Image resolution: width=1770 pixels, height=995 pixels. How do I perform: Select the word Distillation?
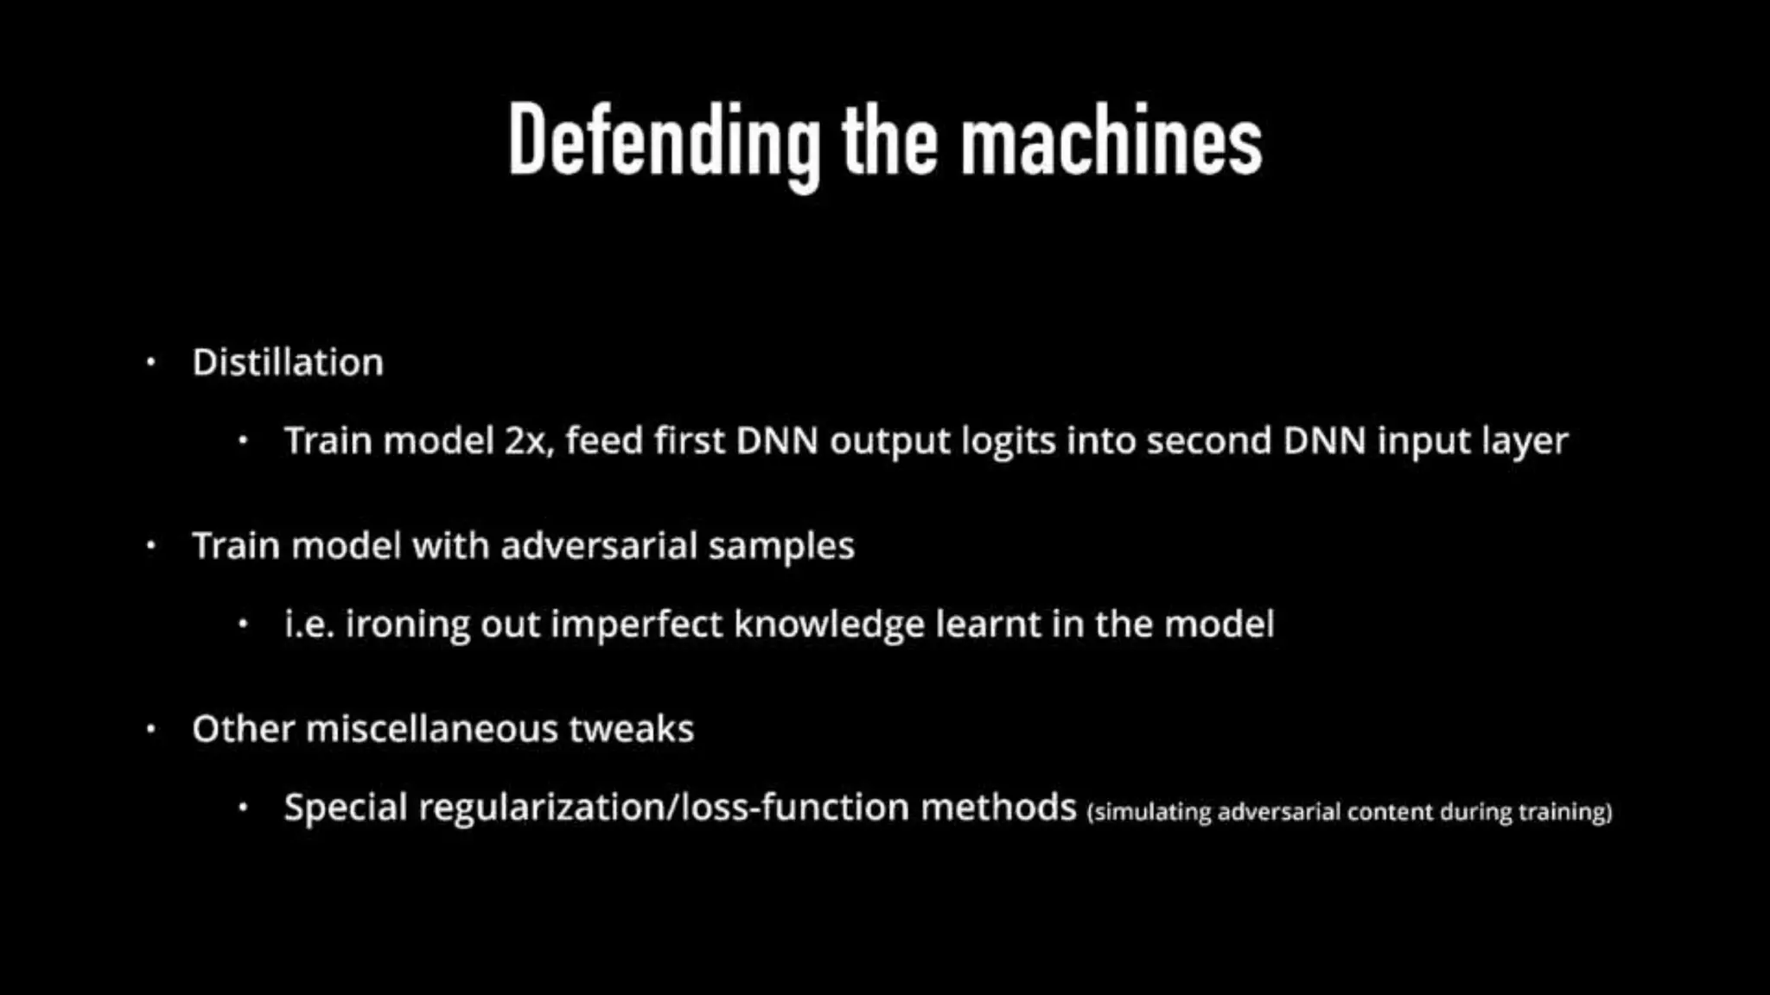[288, 363]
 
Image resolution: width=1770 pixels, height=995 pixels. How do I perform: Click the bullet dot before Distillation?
[151, 363]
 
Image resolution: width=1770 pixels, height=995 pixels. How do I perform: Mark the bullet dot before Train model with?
[151, 546]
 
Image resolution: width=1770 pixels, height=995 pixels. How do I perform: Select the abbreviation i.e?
[309, 624]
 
